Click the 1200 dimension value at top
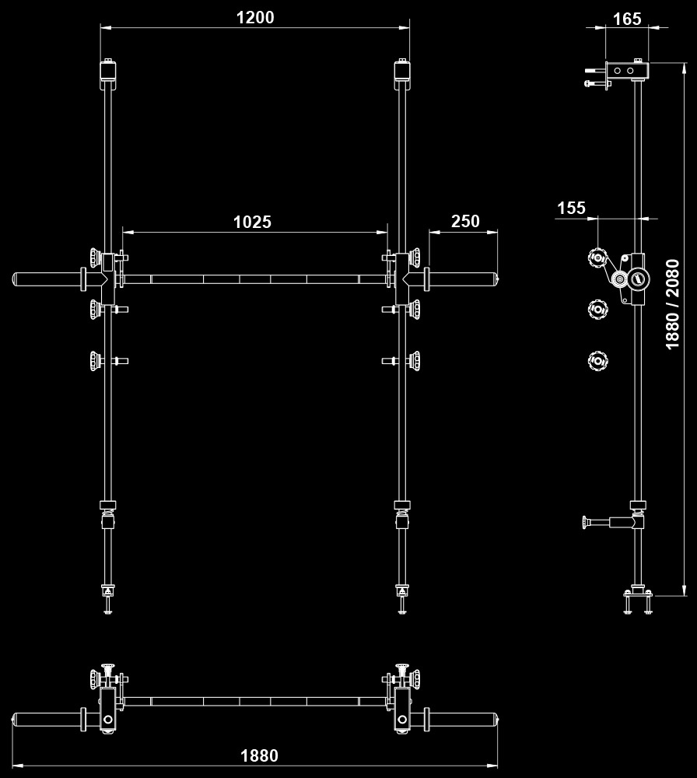click(x=255, y=17)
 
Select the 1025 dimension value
click(x=252, y=222)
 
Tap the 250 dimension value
click(x=465, y=221)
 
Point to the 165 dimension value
click(x=627, y=19)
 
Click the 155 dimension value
click(x=571, y=208)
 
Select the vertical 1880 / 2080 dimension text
click(x=673, y=304)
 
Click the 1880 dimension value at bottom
click(x=259, y=755)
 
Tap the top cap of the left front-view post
click(x=108, y=71)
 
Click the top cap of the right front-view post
click(x=401, y=71)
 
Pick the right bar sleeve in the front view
click(x=463, y=279)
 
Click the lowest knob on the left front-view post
click(x=96, y=361)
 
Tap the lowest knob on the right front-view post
click(x=415, y=361)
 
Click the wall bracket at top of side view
click(x=626, y=71)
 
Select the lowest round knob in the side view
click(x=597, y=359)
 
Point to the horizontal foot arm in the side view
click(x=611, y=521)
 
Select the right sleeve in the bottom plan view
click(x=463, y=718)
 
